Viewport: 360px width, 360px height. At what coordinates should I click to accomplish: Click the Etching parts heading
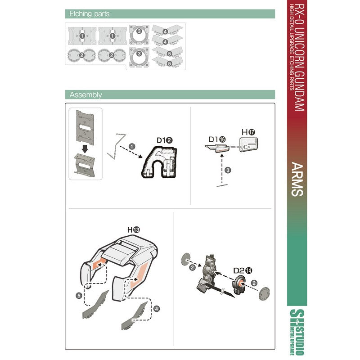pyautogui.click(x=89, y=14)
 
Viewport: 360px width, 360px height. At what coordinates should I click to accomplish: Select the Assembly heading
pyautogui.click(x=85, y=94)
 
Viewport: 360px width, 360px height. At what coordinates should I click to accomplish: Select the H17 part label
pyautogui.click(x=248, y=132)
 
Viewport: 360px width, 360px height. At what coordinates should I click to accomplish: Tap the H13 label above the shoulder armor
pyautogui.click(x=134, y=229)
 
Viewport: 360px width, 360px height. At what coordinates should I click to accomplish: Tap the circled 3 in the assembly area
pyautogui.click(x=228, y=170)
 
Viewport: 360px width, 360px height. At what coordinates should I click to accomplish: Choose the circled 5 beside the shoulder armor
pyautogui.click(x=79, y=296)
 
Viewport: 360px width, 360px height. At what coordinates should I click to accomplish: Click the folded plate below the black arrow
pyautogui.click(x=85, y=165)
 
